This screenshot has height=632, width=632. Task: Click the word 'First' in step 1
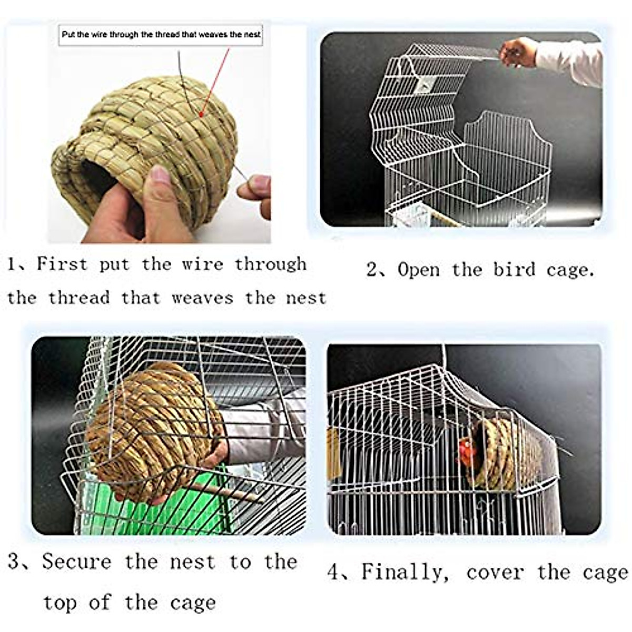61,263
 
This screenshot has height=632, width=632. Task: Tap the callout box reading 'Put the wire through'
161,35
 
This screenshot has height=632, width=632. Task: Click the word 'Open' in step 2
418,270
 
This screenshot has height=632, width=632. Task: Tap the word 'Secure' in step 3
77,561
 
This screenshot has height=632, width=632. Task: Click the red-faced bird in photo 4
465,451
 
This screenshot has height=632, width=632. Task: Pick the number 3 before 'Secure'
14,561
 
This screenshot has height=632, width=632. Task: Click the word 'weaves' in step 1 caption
202,298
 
